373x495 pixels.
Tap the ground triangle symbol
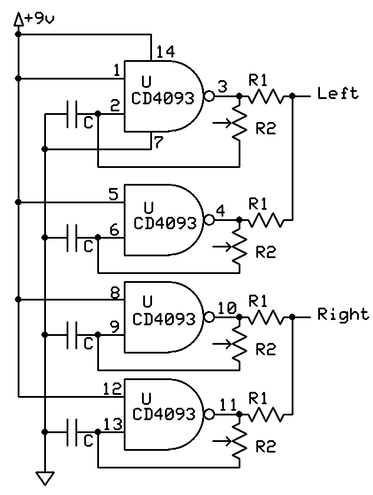[44, 476]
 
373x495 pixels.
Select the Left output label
[337, 93]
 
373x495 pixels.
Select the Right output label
[343, 313]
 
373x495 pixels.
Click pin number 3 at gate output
[222, 87]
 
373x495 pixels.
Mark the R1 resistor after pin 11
[269, 415]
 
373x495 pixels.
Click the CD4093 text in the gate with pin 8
[164, 319]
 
